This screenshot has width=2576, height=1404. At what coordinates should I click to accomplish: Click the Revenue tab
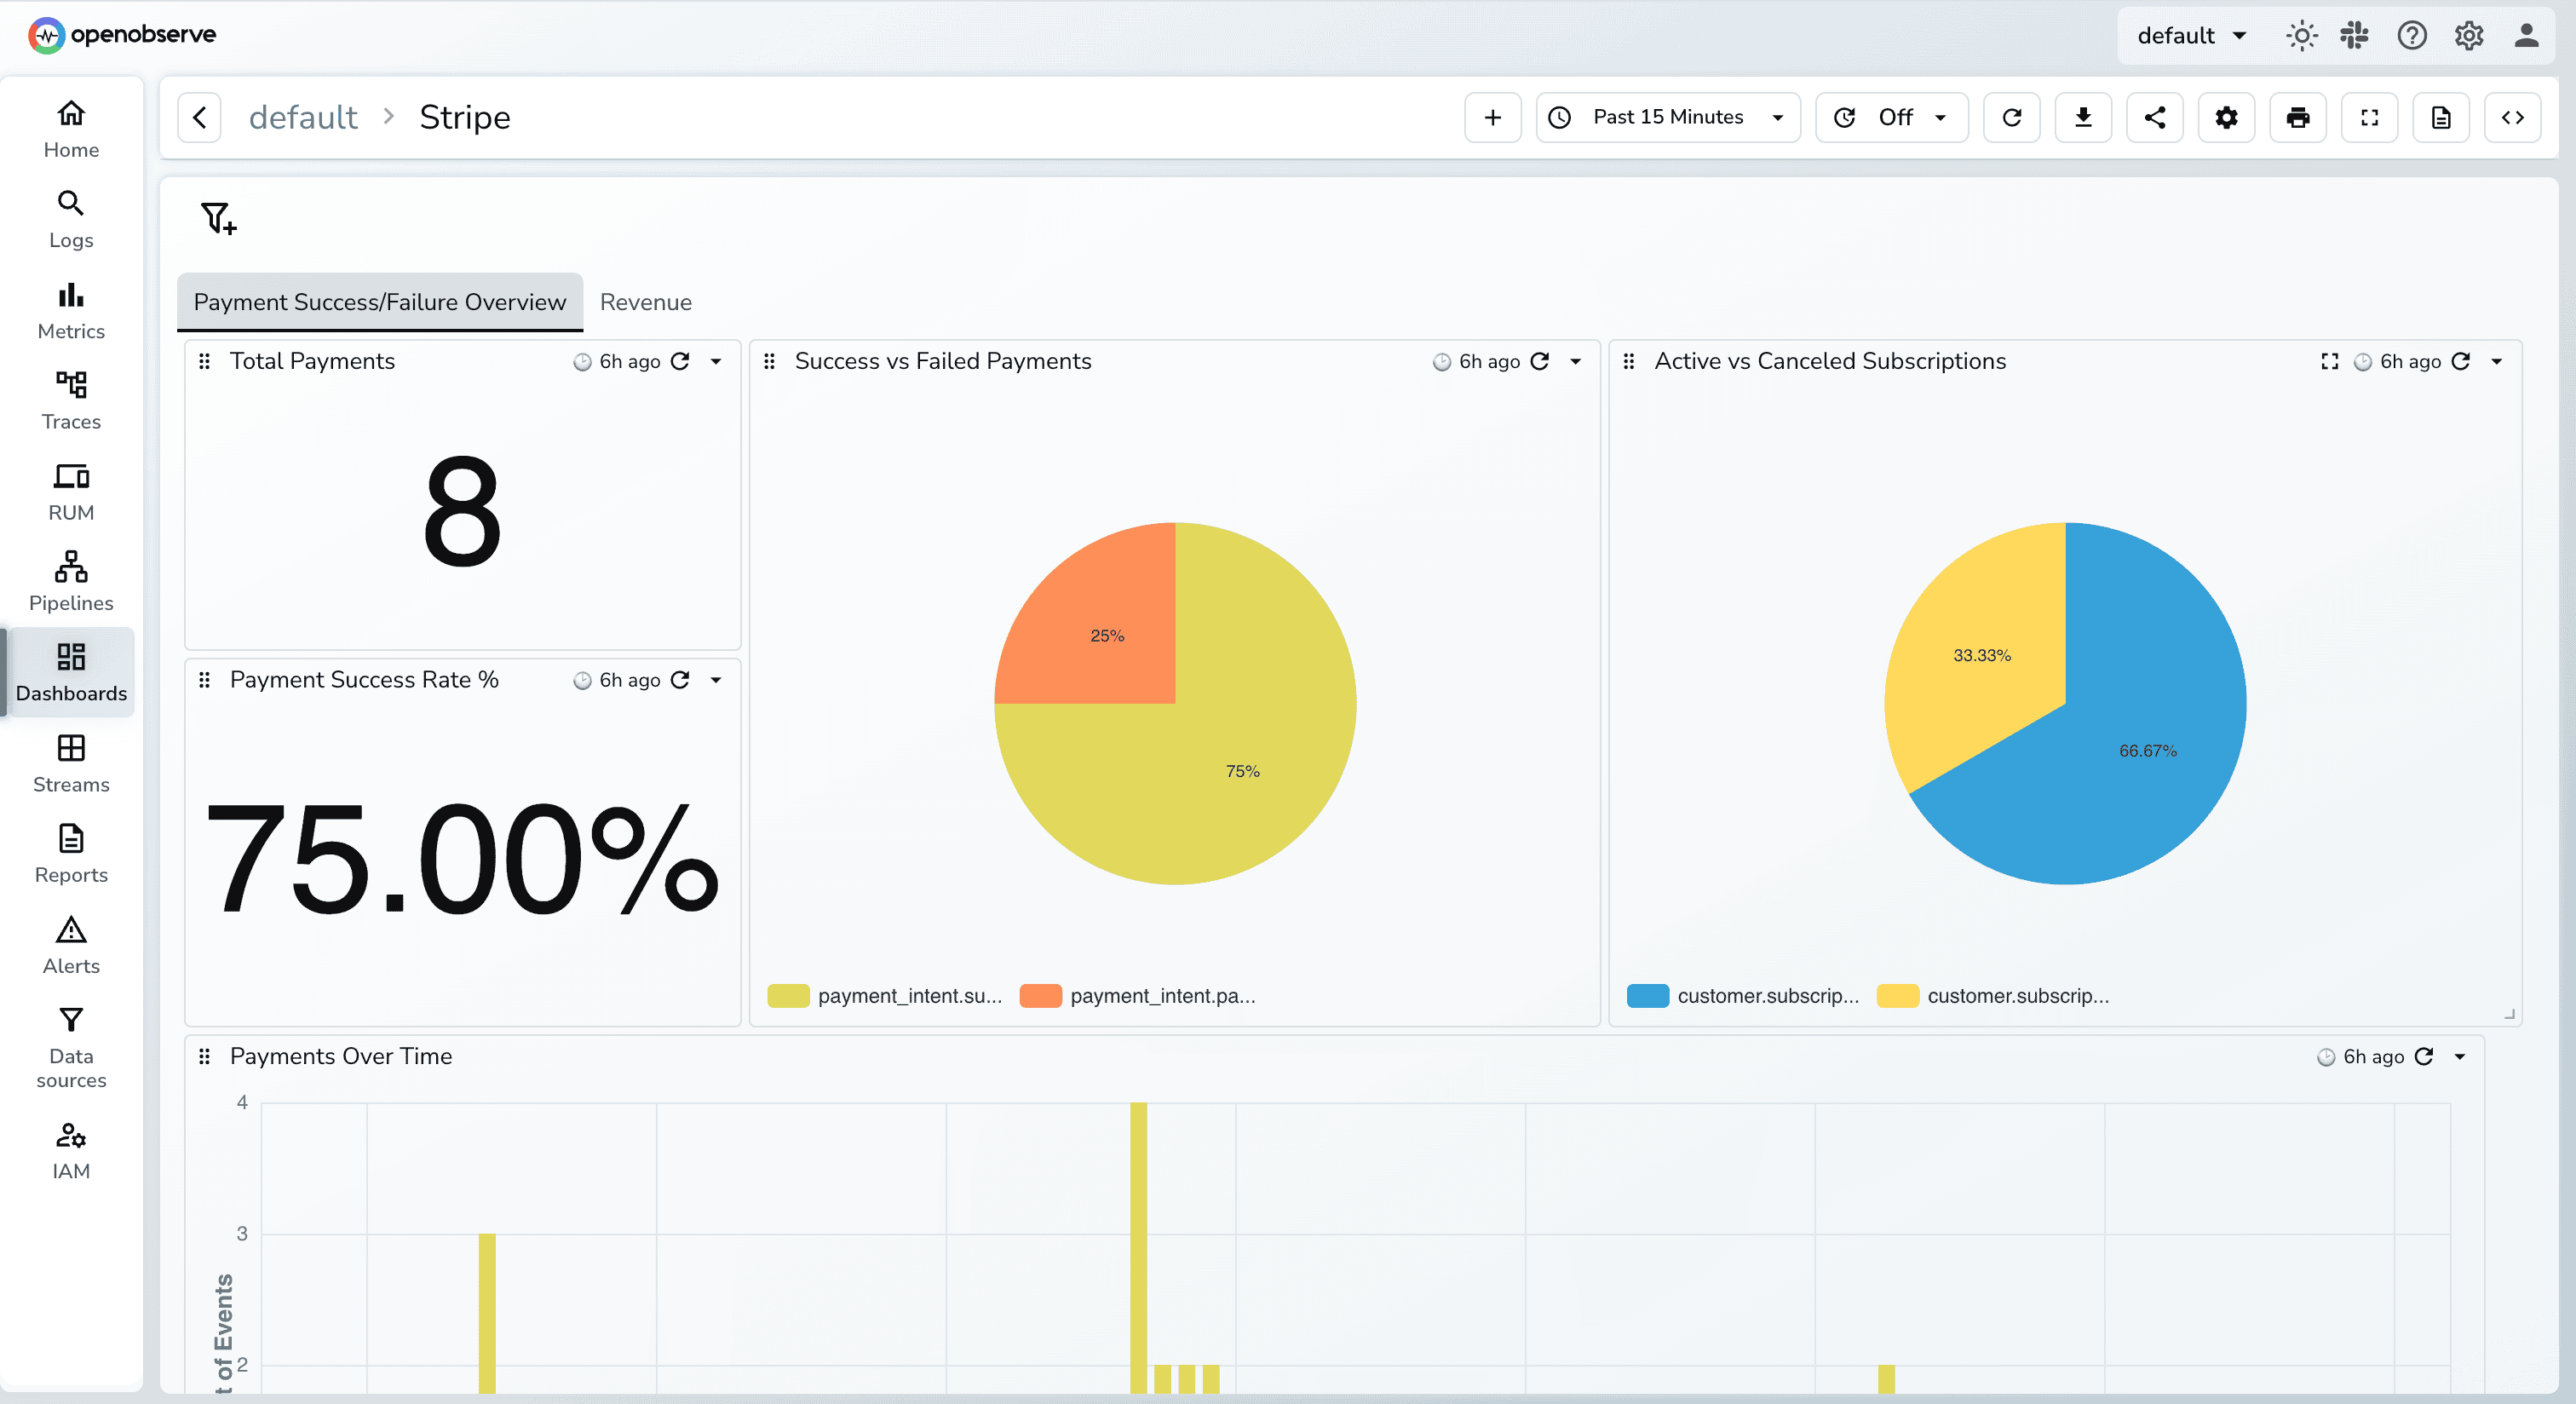[x=645, y=302]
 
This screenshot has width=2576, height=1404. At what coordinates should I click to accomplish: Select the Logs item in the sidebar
[x=71, y=219]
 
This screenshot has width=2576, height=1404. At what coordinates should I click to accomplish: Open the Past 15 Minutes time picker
[x=1667, y=117]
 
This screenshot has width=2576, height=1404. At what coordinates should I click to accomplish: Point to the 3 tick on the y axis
[x=242, y=1233]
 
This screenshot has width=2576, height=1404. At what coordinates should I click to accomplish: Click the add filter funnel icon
[x=218, y=217]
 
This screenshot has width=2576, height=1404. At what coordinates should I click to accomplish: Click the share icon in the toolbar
[x=2155, y=117]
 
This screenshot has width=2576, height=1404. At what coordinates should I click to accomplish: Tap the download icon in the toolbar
[x=2083, y=117]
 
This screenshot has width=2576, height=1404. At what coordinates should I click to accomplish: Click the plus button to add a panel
[x=1492, y=117]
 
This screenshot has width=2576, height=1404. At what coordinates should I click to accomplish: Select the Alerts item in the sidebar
[x=71, y=945]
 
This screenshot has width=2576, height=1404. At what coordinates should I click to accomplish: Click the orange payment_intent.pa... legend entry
[x=1140, y=996]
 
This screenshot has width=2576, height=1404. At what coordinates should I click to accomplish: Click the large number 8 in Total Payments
[x=462, y=510]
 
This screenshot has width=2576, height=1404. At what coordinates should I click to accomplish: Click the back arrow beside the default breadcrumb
[x=199, y=117]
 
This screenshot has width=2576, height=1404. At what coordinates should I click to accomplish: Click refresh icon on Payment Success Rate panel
[x=680, y=680]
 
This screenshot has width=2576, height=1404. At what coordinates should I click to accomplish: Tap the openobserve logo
[x=122, y=35]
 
